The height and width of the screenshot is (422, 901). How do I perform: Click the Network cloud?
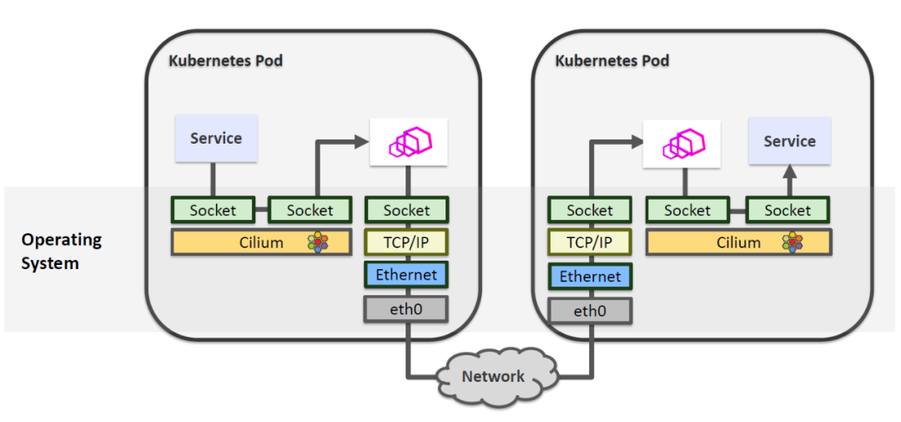tap(494, 376)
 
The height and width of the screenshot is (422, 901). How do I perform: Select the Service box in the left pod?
tap(216, 139)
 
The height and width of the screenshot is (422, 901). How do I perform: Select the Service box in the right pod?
tap(789, 140)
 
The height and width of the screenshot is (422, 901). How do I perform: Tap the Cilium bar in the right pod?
tap(738, 242)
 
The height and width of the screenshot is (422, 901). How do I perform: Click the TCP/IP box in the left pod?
tap(407, 242)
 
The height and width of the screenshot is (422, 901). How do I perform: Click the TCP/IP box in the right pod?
tap(590, 242)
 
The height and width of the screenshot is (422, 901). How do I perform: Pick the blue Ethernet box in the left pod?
tap(406, 274)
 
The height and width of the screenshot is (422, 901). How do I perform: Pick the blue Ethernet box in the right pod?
tap(590, 277)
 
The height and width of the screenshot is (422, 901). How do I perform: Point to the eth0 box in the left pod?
tap(406, 308)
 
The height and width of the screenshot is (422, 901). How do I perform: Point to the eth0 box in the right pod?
tap(590, 311)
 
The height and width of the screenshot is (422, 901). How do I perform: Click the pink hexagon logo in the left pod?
tap(409, 141)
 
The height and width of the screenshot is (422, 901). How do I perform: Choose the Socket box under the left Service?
tap(213, 211)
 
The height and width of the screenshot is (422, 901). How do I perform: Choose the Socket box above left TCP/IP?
tap(407, 211)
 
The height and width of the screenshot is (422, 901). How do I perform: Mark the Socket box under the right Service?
tap(788, 211)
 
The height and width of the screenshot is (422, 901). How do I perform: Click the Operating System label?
tap(62, 252)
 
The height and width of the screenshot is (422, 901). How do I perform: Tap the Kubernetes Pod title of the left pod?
tap(225, 61)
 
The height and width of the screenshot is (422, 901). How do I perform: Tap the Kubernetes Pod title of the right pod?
tap(612, 61)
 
